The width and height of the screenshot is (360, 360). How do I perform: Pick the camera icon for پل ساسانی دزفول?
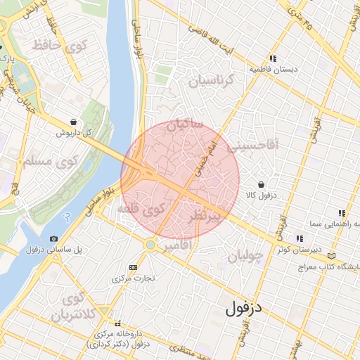pos(55,239)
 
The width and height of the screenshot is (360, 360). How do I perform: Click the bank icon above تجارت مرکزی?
pos(134,267)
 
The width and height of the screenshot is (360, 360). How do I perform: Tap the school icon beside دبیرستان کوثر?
pos(300,238)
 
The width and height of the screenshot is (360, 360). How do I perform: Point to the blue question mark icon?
pos(67,217)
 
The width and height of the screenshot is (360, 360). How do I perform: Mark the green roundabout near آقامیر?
pos(149,244)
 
